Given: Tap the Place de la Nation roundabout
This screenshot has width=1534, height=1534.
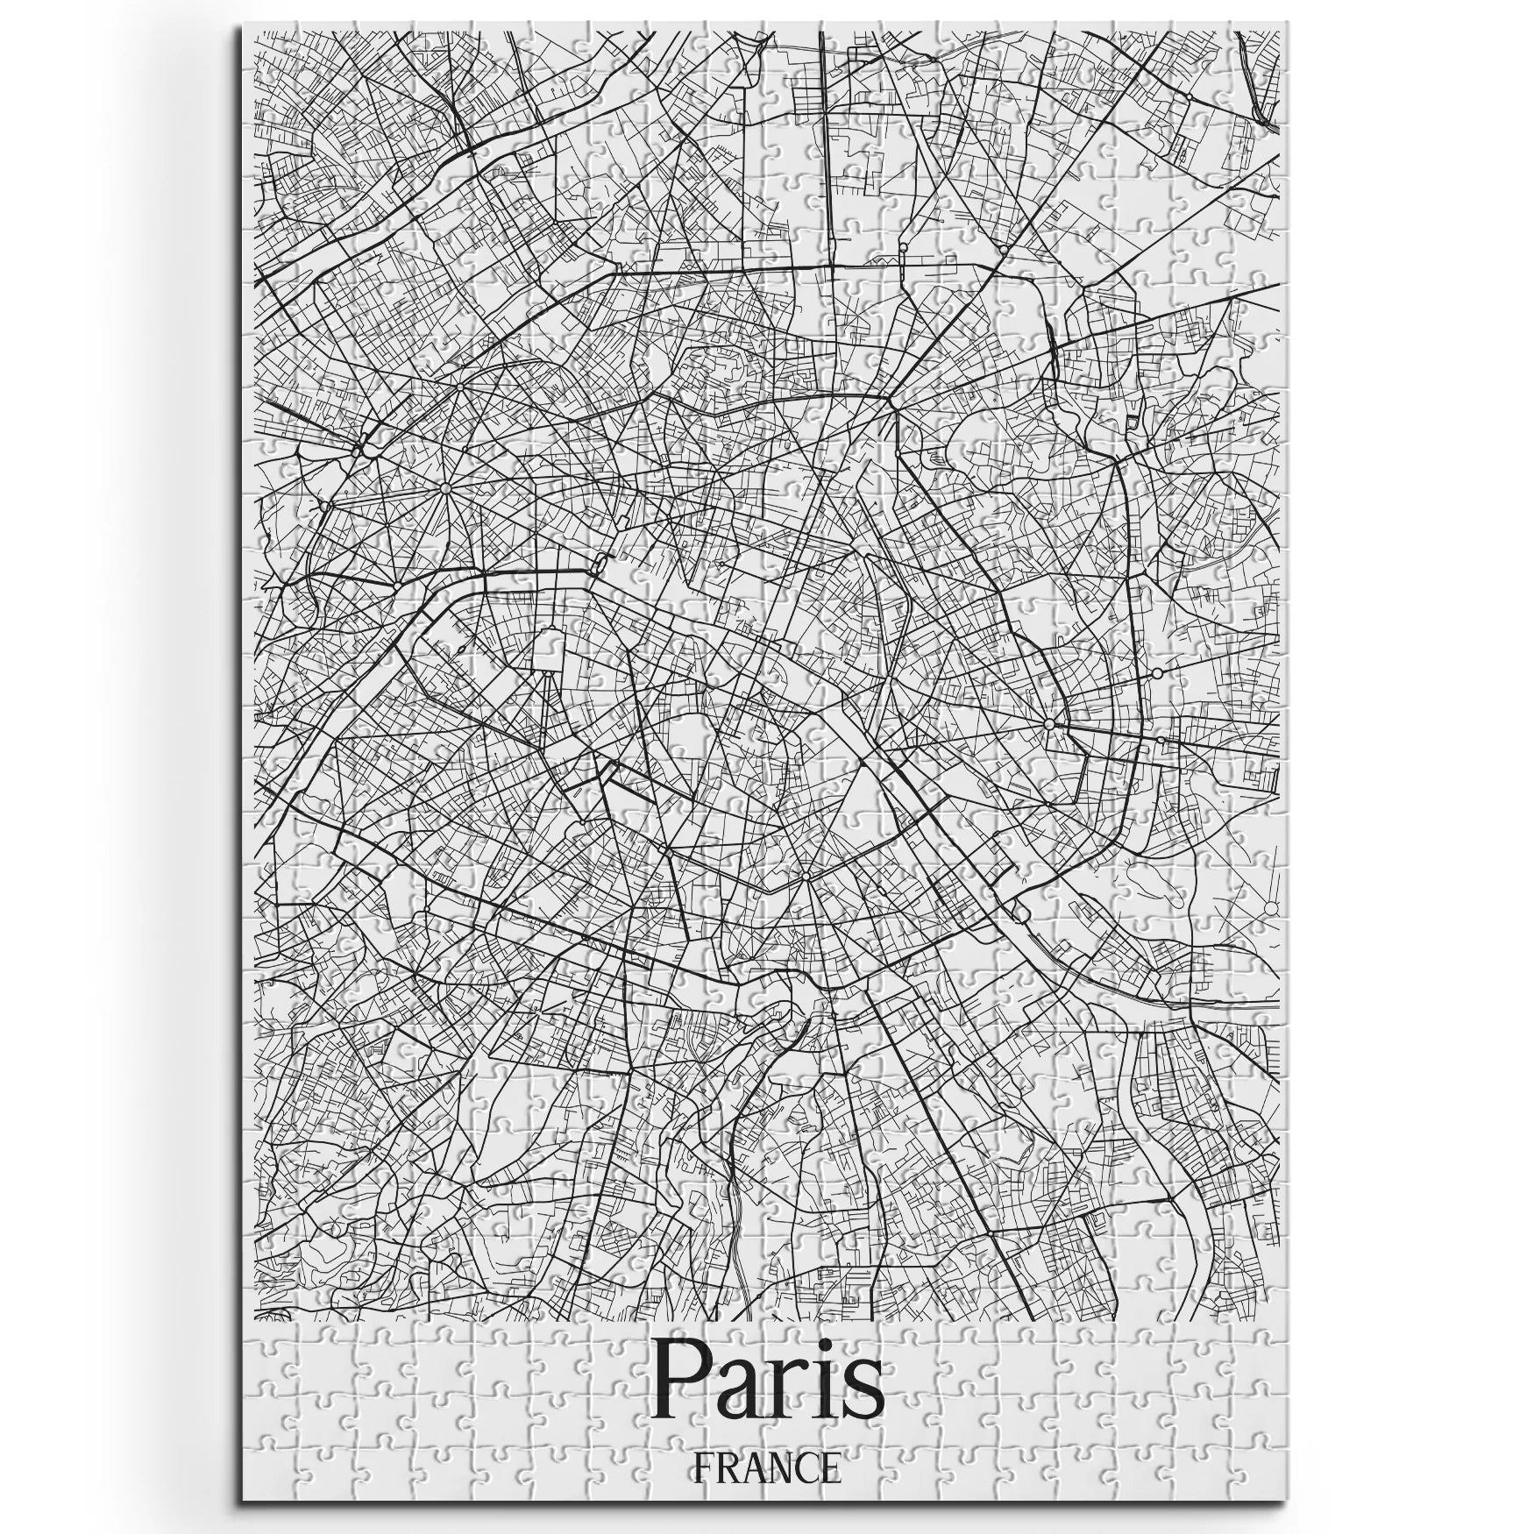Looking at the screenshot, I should point(1048,724).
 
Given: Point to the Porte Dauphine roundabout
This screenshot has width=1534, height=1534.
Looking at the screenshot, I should point(323,506).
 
